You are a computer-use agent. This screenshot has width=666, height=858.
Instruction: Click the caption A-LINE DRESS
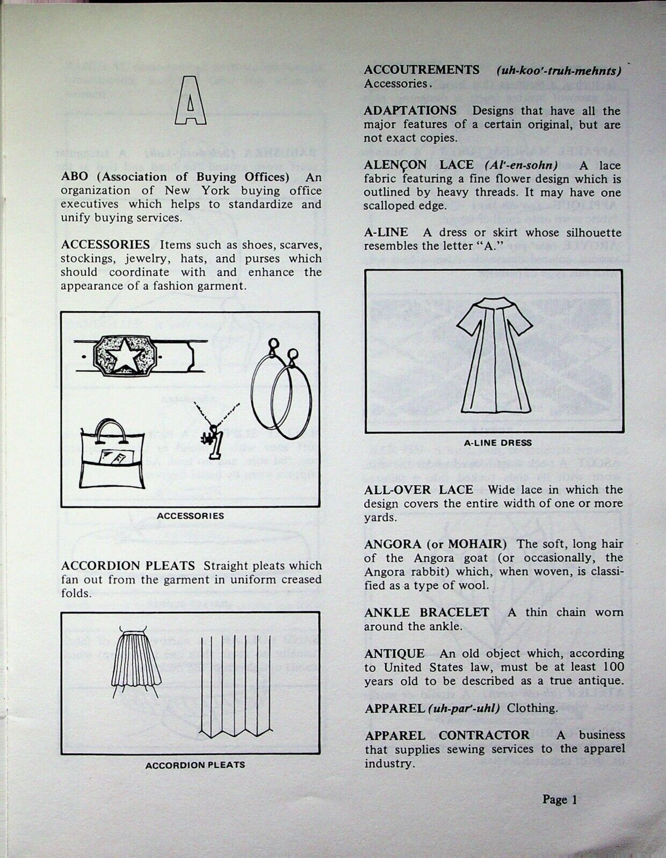pos(497,443)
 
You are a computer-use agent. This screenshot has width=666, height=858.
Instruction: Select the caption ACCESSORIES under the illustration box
pos(190,516)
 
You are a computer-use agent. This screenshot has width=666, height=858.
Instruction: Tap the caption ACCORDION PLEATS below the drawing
pos(195,765)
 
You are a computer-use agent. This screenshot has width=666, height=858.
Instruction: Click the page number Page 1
pos(560,800)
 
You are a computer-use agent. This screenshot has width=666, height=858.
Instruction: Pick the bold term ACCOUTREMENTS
pos(422,70)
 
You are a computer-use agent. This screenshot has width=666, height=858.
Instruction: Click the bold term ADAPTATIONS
pos(410,111)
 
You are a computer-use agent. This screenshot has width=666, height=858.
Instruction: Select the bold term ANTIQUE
pos(394,654)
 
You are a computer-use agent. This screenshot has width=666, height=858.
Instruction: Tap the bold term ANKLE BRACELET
pos(426,612)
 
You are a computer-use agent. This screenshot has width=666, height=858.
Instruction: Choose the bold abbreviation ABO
pos(73,177)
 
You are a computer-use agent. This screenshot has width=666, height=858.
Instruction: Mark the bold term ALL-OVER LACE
pos(418,489)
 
